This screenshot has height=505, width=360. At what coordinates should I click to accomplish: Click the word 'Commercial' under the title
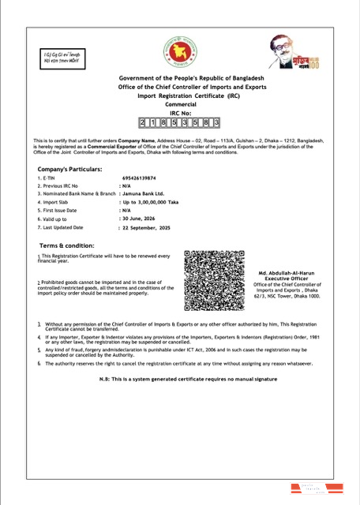[x=180, y=103]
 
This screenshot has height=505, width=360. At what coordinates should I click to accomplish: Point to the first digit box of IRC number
[x=143, y=122]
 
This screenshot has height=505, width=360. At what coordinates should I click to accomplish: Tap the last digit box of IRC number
[x=216, y=122]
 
